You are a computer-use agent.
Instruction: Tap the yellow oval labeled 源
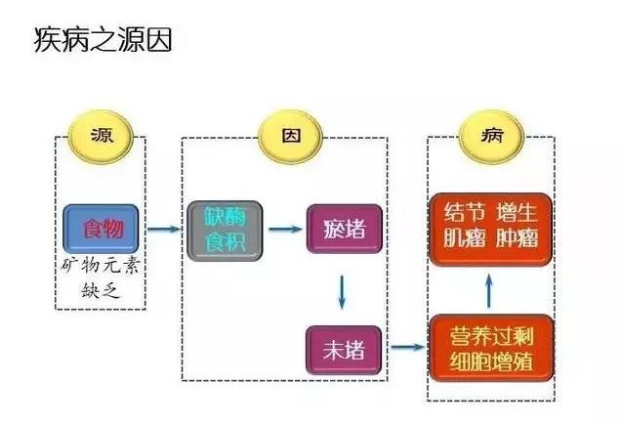(x=101, y=136)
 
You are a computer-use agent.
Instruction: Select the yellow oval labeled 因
(x=290, y=136)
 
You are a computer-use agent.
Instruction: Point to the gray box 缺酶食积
(x=226, y=231)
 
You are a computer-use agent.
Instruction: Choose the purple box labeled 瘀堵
(x=343, y=231)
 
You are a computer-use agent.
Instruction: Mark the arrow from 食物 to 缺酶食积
(x=165, y=231)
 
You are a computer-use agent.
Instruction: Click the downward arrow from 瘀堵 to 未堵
(x=343, y=289)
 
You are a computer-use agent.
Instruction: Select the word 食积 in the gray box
(x=226, y=242)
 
